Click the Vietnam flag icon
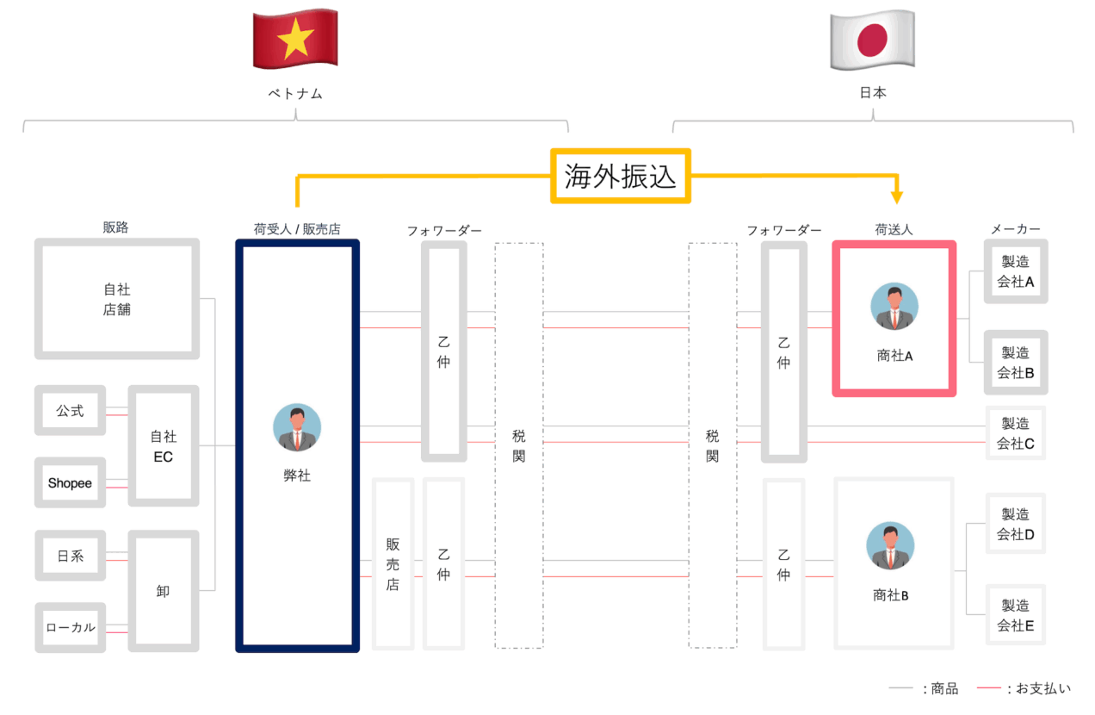(295, 40)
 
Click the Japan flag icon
(872, 40)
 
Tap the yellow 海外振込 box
(620, 176)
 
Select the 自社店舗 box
(117, 299)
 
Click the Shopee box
(70, 483)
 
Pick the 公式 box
(70, 411)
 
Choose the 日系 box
(70, 556)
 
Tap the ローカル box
(70, 627)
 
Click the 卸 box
(164, 591)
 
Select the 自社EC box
(164, 446)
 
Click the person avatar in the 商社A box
(894, 307)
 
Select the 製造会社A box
(1016, 270)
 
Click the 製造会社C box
(1016, 433)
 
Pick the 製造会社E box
(1016, 615)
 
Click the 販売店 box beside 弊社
(393, 564)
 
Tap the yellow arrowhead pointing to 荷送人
(897, 197)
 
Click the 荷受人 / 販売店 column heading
(297, 229)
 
